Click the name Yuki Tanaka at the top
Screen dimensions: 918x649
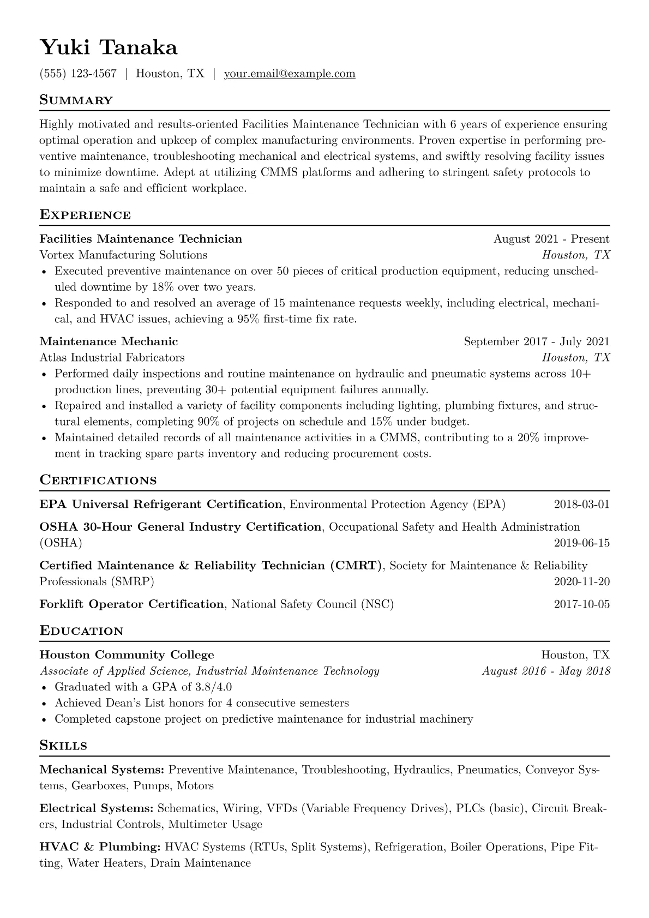pos(109,48)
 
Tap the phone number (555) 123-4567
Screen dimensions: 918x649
pos(78,74)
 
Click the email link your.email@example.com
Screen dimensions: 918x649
pos(290,74)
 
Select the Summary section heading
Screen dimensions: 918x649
pos(76,100)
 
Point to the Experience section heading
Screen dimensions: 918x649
pos(85,215)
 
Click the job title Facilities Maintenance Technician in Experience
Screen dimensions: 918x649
pos(141,239)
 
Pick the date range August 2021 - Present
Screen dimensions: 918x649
pos(551,239)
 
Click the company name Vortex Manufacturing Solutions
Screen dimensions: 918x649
pos(123,255)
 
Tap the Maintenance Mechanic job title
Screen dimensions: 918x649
pos(109,341)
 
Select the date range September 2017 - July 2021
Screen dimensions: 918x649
pos(537,341)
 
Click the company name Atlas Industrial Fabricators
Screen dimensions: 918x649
pos(112,357)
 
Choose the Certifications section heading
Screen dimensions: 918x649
pos(98,481)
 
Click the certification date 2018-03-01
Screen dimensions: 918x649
pos(581,504)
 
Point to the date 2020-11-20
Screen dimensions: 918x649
pos(581,581)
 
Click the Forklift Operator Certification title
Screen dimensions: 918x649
pos(131,604)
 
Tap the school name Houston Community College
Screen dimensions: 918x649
pos(127,655)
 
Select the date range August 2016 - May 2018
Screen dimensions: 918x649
pos(546,671)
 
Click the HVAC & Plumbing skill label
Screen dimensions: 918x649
pos(99,847)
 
